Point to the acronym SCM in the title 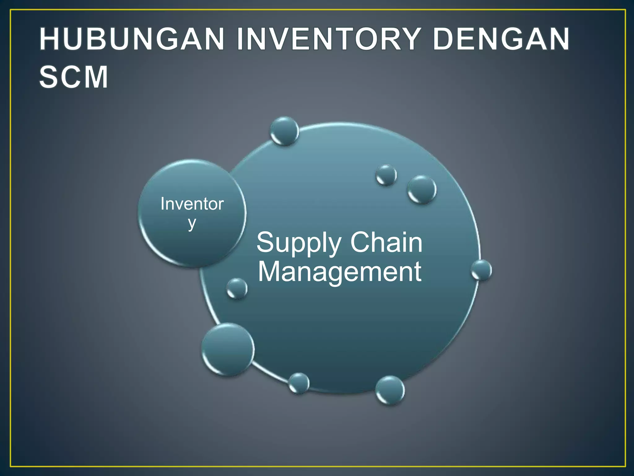click(x=74, y=77)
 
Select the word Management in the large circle click(x=339, y=272)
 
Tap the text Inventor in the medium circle click(x=192, y=204)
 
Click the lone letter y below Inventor click(x=192, y=223)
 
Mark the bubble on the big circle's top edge click(x=284, y=131)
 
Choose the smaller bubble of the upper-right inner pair click(x=386, y=175)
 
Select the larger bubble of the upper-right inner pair click(x=422, y=189)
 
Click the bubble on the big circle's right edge click(x=481, y=270)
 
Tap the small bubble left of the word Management click(x=237, y=289)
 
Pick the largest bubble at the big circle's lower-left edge click(x=228, y=349)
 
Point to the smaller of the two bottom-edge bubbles click(x=299, y=383)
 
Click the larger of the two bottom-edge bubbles click(x=390, y=390)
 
